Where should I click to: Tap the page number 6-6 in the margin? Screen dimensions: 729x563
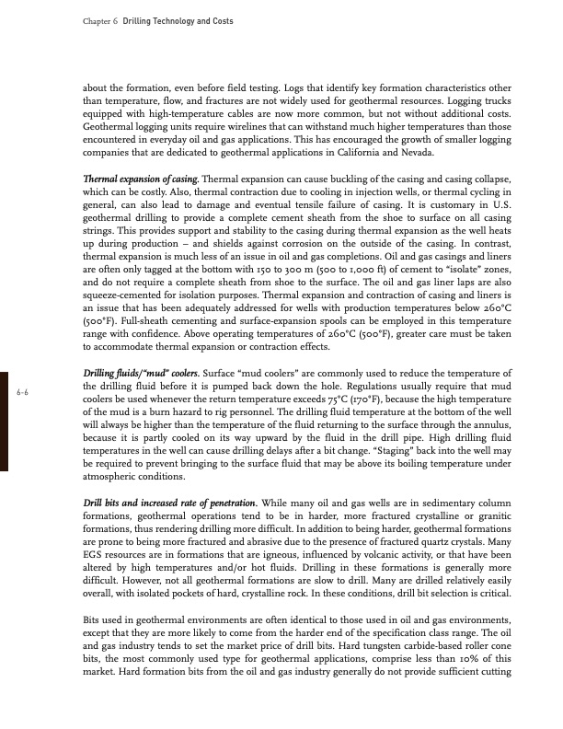[x=24, y=419]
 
